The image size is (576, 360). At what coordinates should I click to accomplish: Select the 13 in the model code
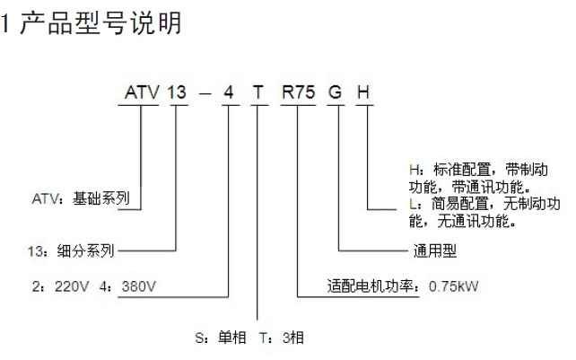point(180,92)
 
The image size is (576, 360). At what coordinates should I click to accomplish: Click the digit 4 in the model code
point(230,92)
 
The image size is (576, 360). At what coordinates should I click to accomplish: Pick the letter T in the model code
point(258,92)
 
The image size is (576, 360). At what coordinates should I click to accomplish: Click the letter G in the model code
point(336,92)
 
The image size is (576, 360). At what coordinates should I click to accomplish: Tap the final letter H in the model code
point(364,92)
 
